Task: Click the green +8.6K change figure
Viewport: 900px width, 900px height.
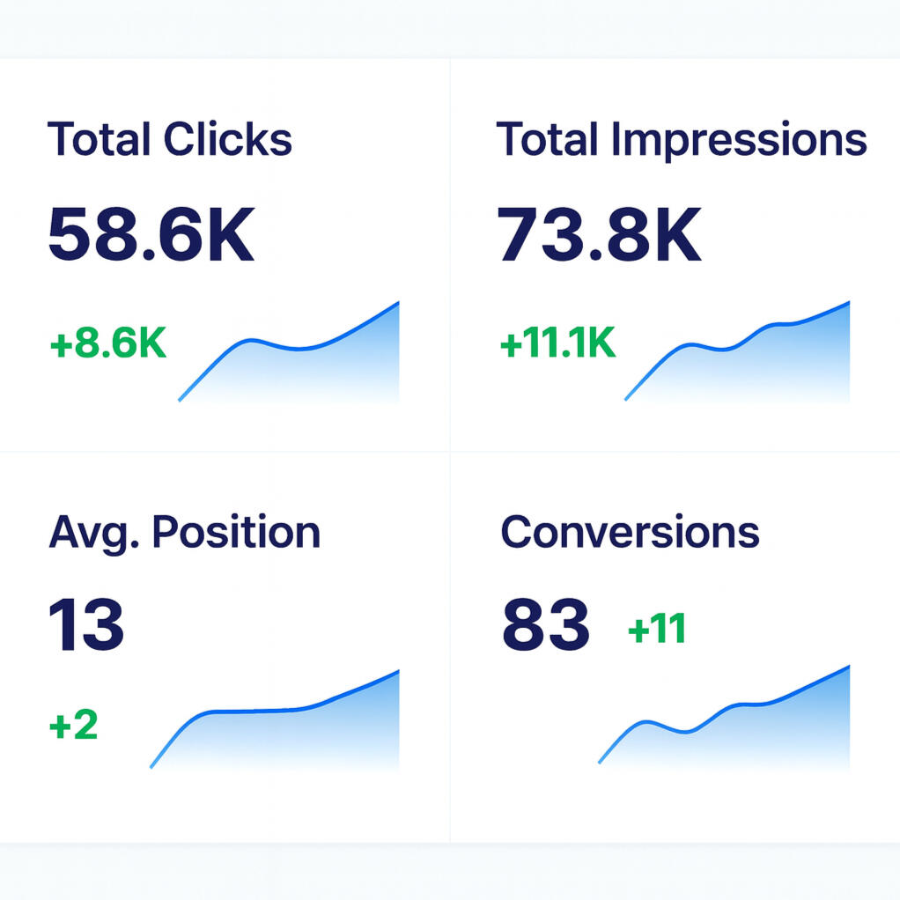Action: [108, 344]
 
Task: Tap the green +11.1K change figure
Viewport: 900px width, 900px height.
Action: [557, 344]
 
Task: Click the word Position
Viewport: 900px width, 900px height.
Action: [235, 533]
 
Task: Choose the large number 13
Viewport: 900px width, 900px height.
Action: [86, 624]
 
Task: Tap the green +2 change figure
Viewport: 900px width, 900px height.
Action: [73, 727]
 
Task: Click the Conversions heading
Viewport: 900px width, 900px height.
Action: [630, 533]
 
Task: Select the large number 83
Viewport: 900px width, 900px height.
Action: [545, 624]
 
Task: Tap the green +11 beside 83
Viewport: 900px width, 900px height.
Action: [656, 630]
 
